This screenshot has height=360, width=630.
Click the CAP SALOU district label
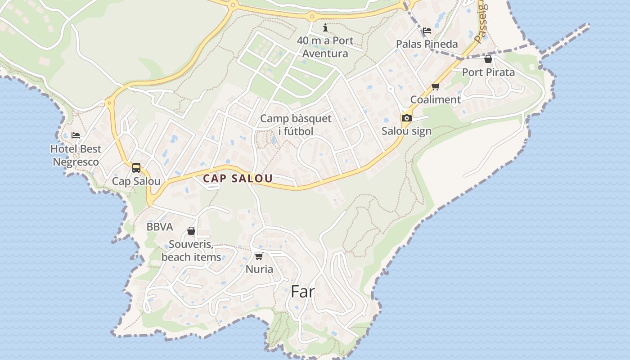point(238,178)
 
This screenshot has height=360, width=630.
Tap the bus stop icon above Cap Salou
point(136,168)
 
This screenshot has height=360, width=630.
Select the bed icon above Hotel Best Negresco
point(76,135)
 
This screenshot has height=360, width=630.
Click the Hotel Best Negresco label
point(76,155)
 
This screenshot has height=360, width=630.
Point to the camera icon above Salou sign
point(406,118)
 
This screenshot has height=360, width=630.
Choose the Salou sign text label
point(406,131)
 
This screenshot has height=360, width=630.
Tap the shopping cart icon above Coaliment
point(435,86)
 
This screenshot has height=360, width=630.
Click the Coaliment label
point(435,99)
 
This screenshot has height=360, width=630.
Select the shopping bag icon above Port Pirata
point(488,59)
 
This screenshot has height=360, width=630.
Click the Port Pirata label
point(488,72)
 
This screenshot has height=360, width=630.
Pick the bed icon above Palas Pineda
point(427,31)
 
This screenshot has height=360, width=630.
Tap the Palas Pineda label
point(427,44)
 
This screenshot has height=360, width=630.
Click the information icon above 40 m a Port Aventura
point(325,28)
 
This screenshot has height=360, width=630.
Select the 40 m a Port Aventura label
point(325,47)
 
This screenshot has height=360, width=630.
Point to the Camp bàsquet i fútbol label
point(296,125)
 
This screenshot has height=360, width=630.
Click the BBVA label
point(160,227)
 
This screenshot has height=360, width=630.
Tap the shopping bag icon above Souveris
point(191,231)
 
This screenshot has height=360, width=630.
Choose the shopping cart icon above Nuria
point(259,256)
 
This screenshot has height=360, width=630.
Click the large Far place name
point(302,292)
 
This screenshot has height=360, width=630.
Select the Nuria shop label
point(259,269)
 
